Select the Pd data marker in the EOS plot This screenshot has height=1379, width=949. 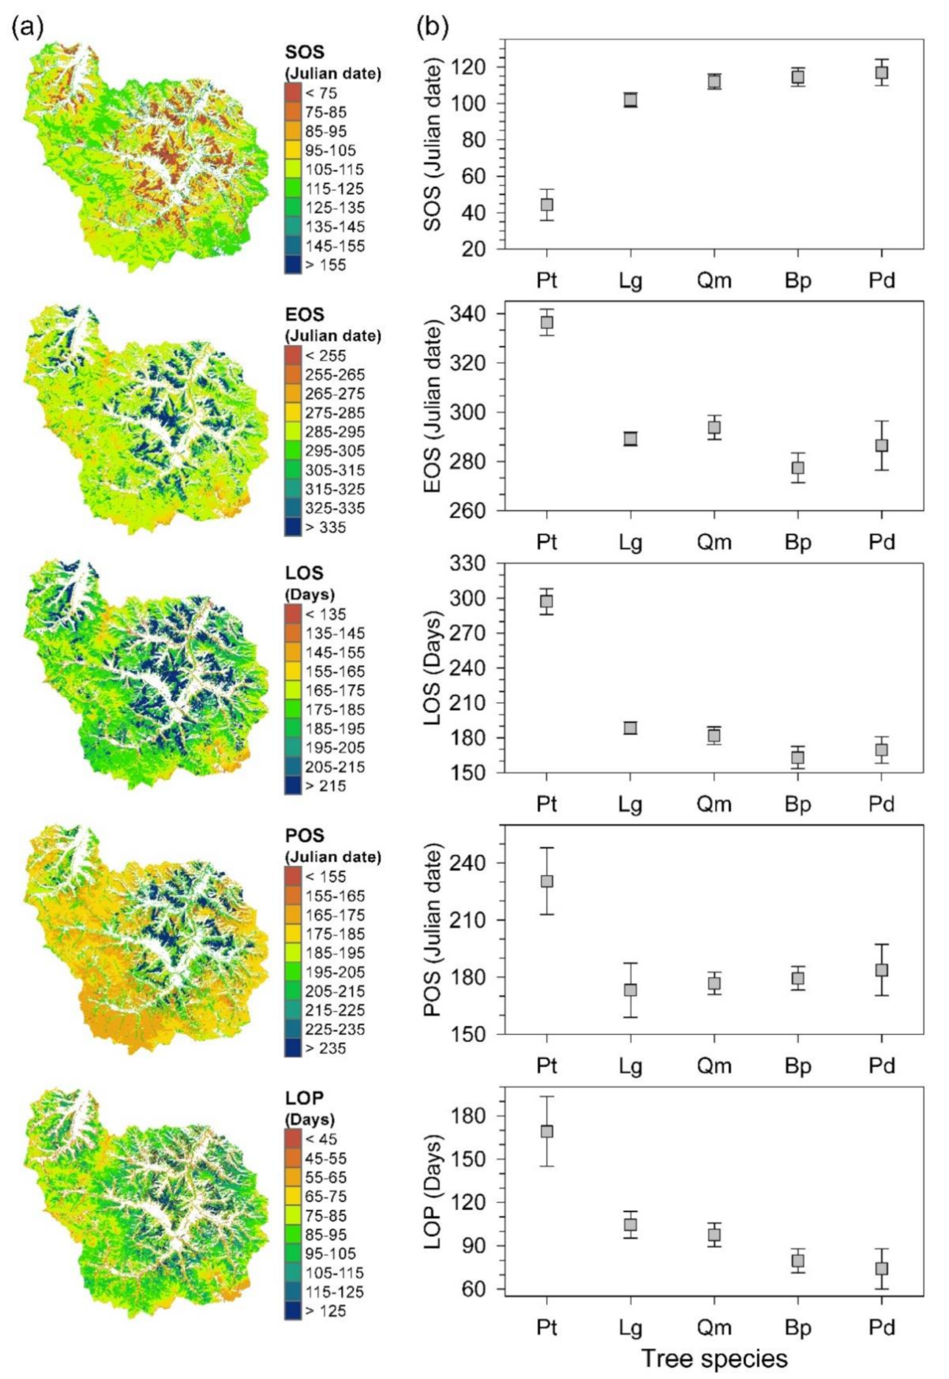[881, 446]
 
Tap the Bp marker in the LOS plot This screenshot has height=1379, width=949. [797, 757]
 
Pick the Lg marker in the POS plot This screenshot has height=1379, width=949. [630, 989]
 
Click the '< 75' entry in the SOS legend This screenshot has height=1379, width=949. [321, 93]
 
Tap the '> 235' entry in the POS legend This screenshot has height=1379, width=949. [325, 1048]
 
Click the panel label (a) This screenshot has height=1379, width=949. [28, 28]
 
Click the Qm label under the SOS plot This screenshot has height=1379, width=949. [714, 280]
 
